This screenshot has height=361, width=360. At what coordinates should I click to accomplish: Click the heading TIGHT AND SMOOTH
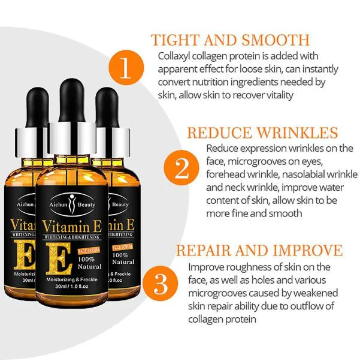pyautogui.click(x=231, y=40)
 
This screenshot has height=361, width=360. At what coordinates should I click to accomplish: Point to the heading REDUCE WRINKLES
pyautogui.click(x=263, y=133)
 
